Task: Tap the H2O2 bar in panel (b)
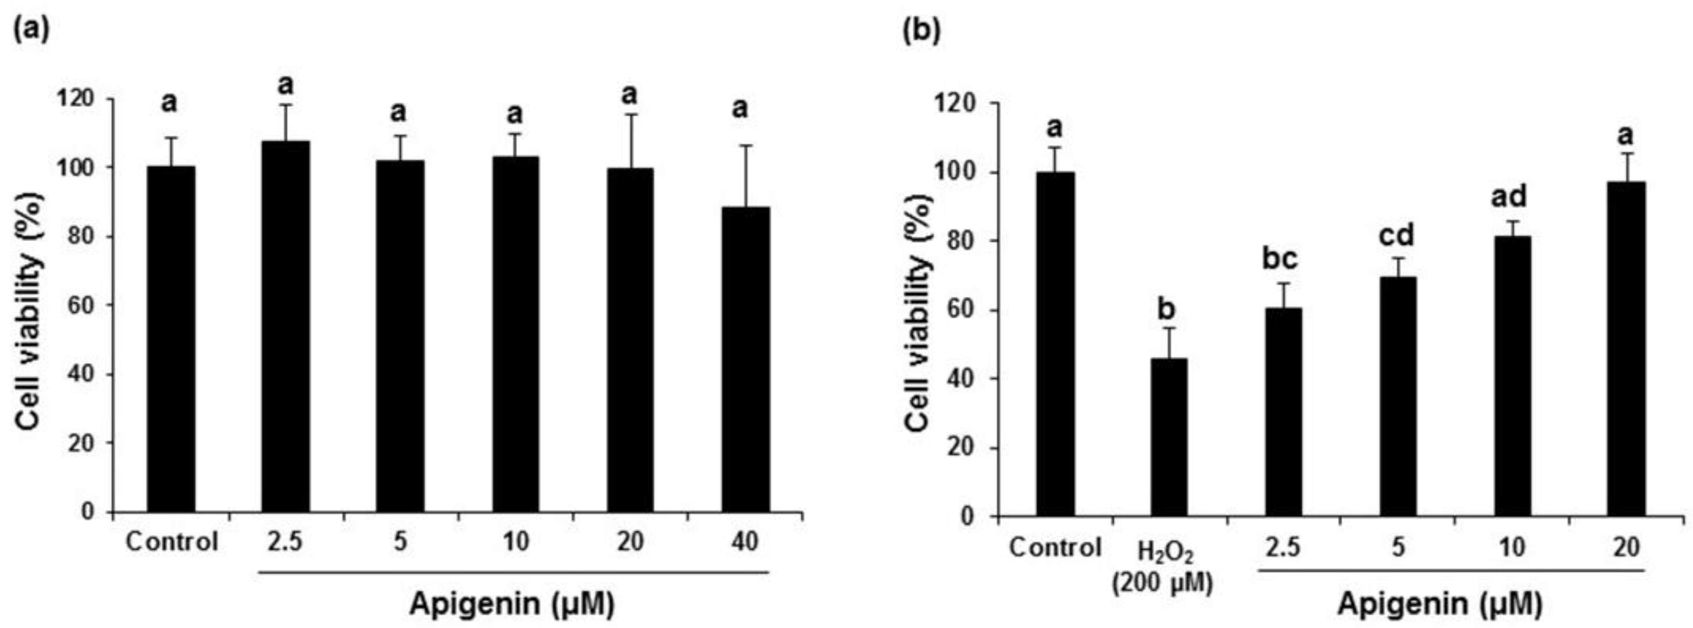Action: (1169, 437)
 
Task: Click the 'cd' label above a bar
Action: (1396, 235)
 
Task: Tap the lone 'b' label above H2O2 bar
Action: (1167, 308)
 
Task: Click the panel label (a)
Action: (31, 29)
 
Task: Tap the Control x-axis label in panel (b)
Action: (1055, 547)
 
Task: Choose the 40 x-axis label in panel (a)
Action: (744, 541)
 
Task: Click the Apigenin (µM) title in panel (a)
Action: (512, 604)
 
